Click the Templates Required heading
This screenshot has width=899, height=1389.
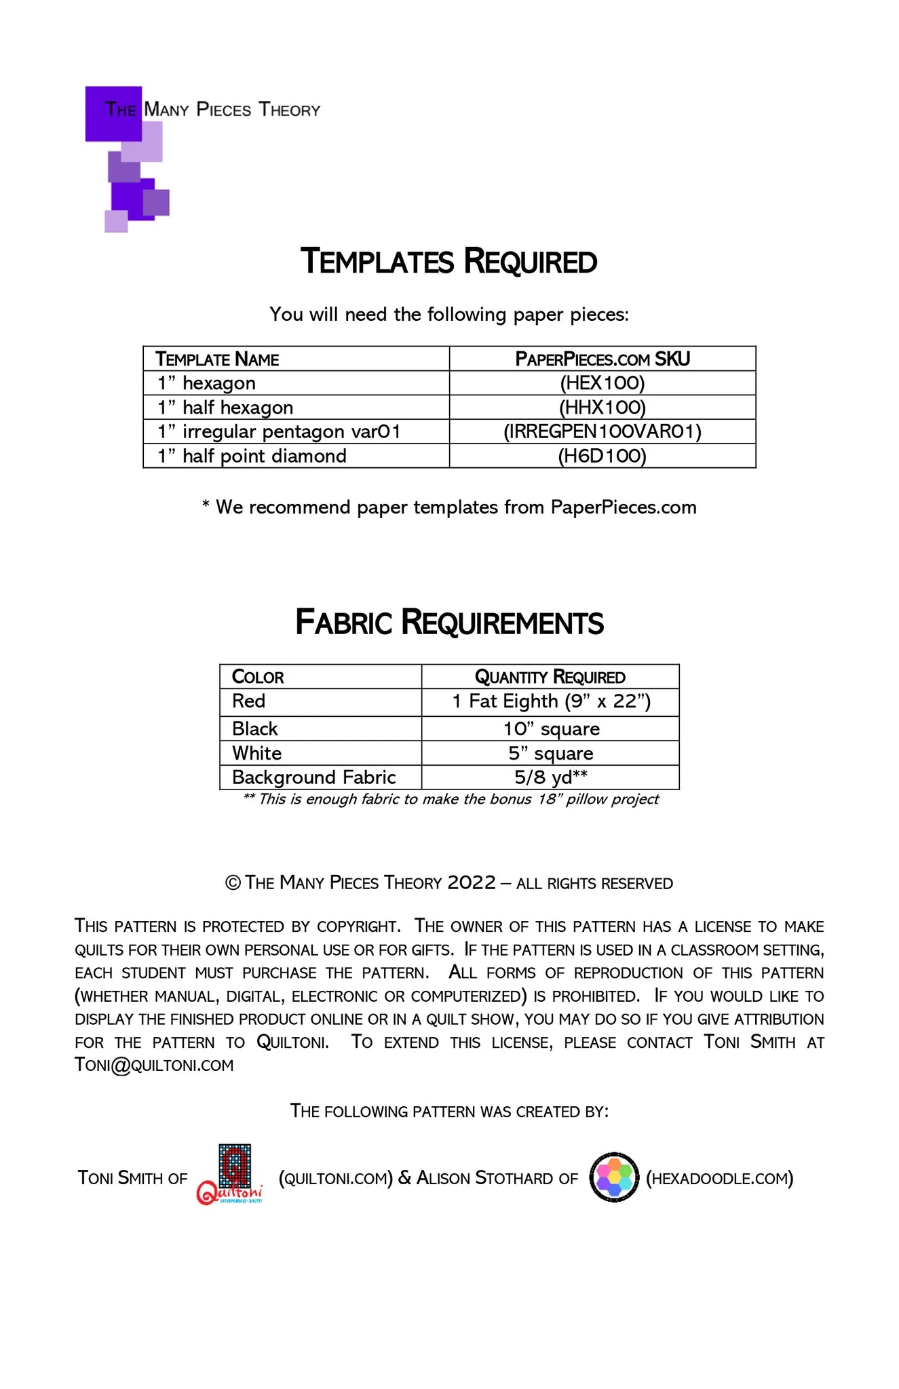pos(448,262)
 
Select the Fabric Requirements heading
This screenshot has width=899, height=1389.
pos(449,623)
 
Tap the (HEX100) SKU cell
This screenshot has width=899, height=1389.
pos(602,383)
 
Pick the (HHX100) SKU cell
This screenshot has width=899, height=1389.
pos(602,408)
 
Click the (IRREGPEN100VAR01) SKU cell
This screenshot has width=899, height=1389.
pos(602,432)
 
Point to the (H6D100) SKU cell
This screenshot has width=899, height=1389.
pos(602,456)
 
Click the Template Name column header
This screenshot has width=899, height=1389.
pos(217,359)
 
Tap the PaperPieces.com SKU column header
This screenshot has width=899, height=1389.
pos(602,359)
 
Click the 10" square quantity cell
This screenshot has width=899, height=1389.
pos(551,729)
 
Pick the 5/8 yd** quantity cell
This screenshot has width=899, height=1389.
pos(550,777)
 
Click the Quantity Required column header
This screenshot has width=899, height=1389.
pos(550,677)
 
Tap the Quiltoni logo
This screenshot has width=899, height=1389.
pos(231,1175)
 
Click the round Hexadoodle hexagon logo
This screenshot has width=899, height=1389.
pos(614,1177)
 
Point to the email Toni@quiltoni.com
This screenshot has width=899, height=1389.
pos(154,1065)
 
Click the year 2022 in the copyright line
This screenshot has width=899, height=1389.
pos(472,882)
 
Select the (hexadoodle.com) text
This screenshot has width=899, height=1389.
pos(719,1179)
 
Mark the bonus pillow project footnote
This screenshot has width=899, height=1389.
pos(451,800)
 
